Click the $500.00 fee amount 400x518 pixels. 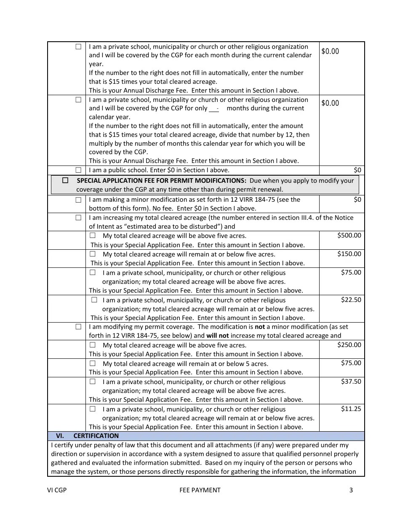coord(349,235)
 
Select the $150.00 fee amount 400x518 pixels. coord(349,254)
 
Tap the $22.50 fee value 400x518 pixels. coord(351,300)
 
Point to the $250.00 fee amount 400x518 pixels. coord(349,345)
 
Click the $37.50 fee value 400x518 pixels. coord(351,382)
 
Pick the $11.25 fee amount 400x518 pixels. coord(351,409)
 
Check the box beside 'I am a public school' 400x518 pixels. coord(78,170)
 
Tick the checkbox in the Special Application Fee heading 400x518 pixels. coord(65,180)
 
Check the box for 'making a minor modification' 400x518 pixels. coord(78,200)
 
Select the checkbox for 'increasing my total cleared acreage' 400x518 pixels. coord(78,218)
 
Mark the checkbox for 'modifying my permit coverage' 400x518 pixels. coord(78,326)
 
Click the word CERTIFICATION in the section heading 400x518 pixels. coord(96,436)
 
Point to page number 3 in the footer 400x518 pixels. coord(351,490)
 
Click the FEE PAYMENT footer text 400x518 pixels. coord(200,490)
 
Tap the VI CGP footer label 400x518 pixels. coord(57,490)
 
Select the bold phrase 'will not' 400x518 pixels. coord(217,336)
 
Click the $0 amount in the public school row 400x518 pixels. coord(357,170)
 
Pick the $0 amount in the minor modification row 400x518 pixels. coord(357,200)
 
